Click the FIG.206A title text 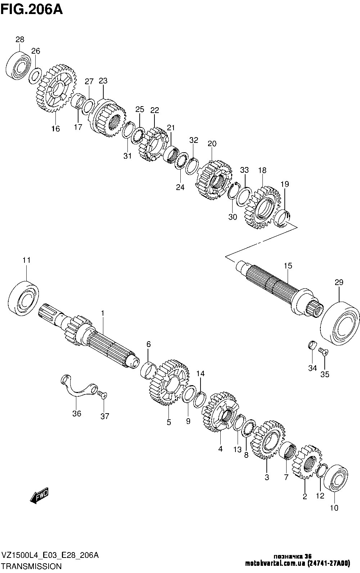coord(32,10)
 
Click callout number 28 coord(20,39)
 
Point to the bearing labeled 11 coord(23,298)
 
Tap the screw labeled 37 coord(102,396)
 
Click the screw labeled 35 coord(323,352)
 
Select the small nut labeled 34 coord(312,345)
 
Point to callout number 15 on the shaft coord(288,266)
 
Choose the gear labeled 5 coord(169,382)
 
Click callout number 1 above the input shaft coord(103,313)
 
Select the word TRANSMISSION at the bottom coord(32,566)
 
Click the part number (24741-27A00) coord(328,564)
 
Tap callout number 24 coord(180,187)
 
